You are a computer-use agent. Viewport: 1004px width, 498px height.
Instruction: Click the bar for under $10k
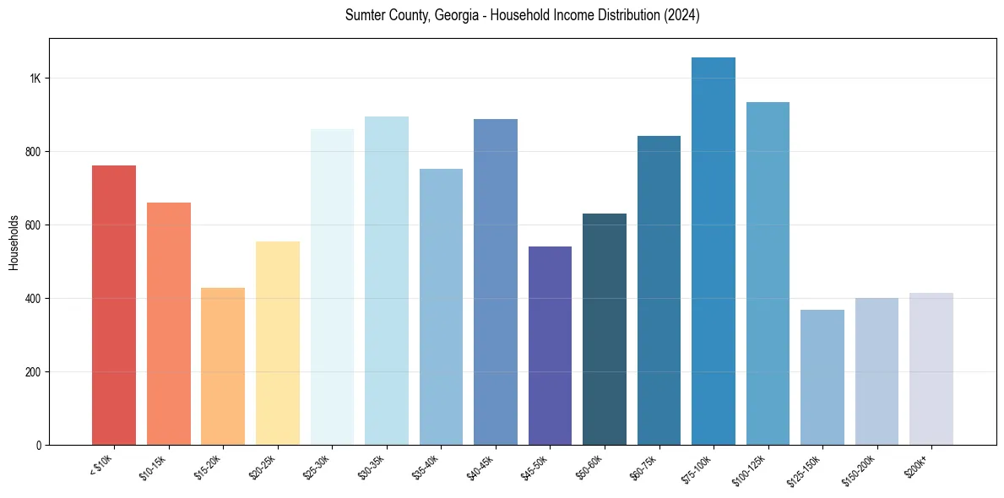(x=114, y=305)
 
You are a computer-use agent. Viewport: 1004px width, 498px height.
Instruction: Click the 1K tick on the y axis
(x=35, y=78)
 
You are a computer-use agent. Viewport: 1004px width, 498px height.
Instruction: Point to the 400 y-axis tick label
(x=34, y=299)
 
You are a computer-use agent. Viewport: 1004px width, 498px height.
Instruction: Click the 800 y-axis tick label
(x=34, y=152)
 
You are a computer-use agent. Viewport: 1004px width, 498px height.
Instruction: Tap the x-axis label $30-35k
(x=372, y=468)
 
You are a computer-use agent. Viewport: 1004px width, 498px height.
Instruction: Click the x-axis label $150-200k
(x=860, y=470)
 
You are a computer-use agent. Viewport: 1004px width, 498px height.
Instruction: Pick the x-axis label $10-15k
(x=154, y=468)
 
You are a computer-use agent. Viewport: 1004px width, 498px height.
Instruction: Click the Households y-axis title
(x=14, y=242)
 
